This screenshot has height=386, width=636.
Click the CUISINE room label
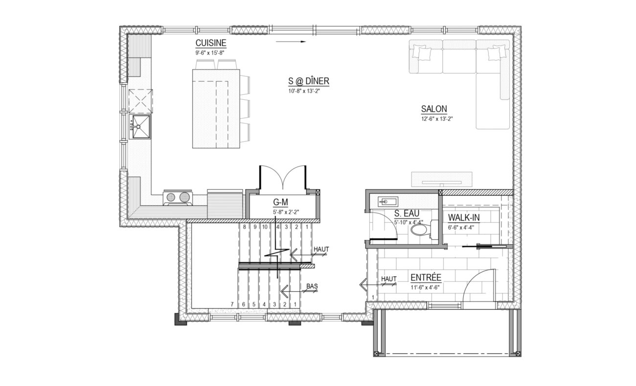211,43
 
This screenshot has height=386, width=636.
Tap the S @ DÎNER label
309,81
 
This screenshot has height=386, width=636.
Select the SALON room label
434,109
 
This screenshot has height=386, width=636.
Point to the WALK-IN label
464,218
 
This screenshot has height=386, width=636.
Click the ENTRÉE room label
426,277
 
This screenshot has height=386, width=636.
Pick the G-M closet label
280,202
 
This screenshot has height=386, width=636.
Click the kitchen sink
140,127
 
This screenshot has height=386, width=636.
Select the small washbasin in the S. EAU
388,202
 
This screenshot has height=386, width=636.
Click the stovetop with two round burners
178,197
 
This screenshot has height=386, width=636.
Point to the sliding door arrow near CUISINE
291,42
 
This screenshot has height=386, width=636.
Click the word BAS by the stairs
312,286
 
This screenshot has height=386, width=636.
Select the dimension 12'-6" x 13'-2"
437,119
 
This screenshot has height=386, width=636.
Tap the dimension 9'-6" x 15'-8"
209,53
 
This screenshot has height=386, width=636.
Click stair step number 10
265,227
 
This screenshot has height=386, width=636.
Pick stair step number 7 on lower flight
232,304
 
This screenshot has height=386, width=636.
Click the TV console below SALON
442,180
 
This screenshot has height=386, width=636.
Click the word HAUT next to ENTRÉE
389,279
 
